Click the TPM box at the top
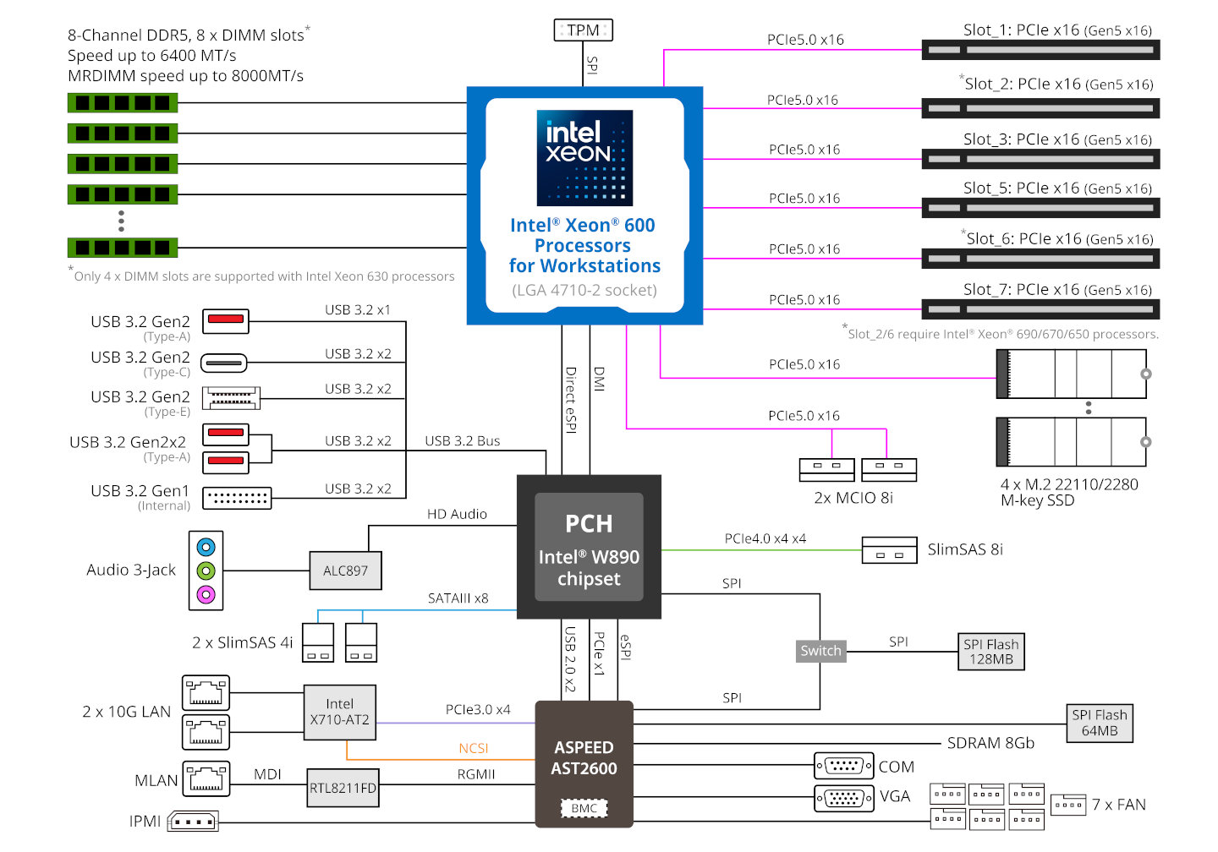coord(583,30)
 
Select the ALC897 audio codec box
coord(345,571)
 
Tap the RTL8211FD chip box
coord(343,788)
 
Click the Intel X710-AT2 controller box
coord(339,712)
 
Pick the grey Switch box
coord(820,650)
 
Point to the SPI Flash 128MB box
coord(990,652)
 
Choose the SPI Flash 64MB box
coord(1099,723)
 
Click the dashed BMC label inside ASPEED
coord(584,808)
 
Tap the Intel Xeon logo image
coord(584,157)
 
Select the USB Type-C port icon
coord(224,363)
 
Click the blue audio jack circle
coord(206,547)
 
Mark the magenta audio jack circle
coord(206,594)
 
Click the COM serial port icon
coord(842,766)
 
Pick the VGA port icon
coord(842,797)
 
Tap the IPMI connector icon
coord(194,821)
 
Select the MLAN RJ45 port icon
coord(206,778)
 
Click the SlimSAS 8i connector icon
coord(889,550)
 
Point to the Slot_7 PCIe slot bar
coord(1040,309)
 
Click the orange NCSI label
coord(474,748)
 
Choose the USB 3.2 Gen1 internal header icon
coord(237,498)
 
